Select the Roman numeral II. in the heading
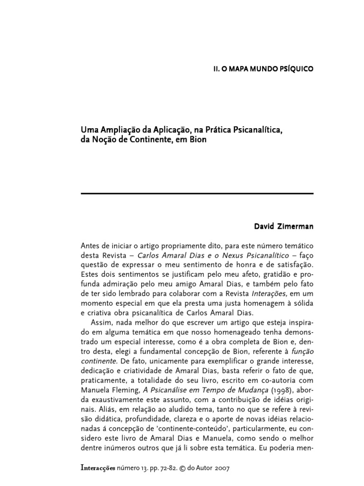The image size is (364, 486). [216, 68]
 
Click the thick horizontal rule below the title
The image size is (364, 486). [197, 194]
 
